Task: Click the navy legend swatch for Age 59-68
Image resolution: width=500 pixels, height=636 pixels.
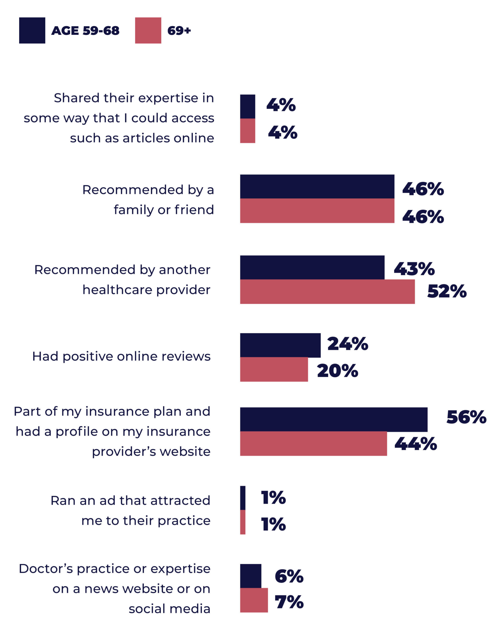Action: tap(32, 31)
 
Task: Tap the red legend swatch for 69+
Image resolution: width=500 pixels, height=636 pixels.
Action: tap(148, 31)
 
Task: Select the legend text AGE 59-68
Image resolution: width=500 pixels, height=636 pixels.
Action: tap(85, 31)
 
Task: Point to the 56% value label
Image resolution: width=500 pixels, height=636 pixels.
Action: tap(466, 417)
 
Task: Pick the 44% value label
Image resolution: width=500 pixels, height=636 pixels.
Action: tap(416, 444)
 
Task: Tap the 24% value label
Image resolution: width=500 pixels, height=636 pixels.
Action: tap(347, 344)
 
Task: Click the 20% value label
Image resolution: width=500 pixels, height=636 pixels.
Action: tap(337, 371)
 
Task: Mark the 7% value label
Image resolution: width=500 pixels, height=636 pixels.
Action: tap(289, 602)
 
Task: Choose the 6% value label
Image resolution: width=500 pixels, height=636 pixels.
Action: tap(289, 576)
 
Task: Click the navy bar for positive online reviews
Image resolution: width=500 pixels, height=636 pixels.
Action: tap(280, 345)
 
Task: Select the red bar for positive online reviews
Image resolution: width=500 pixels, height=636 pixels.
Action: tap(274, 369)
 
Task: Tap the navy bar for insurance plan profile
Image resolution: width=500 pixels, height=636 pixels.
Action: tap(334, 419)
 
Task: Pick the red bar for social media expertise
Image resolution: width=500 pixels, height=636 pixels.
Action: tap(254, 600)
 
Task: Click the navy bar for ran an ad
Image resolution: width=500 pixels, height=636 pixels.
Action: tap(243, 498)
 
